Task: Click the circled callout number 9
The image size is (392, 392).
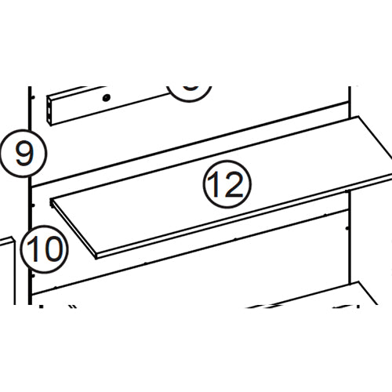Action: (24, 152)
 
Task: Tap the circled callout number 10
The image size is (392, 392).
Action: (45, 250)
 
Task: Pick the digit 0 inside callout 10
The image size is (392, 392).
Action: (53, 250)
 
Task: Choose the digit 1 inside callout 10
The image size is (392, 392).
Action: (35, 250)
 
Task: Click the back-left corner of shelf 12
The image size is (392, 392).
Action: (52, 201)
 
